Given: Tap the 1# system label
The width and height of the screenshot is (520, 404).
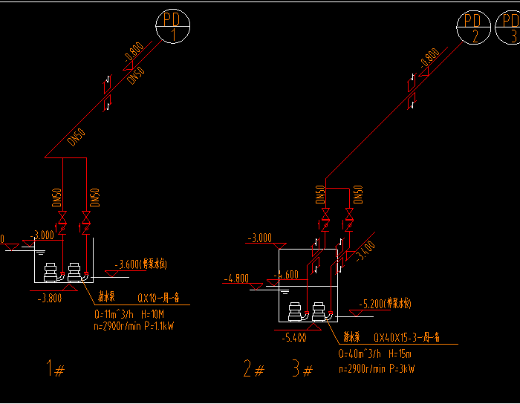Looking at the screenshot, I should (53, 368).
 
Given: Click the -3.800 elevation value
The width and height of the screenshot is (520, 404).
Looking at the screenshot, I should (51, 299).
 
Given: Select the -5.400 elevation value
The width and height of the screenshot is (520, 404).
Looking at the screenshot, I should (293, 338).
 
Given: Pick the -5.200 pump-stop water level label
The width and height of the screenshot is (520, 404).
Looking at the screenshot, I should (385, 304).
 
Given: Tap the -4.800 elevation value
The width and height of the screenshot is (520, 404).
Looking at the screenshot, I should (236, 279).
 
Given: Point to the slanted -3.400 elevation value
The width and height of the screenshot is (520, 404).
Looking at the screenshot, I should (365, 250).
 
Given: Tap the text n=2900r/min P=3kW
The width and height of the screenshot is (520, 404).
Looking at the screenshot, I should (376, 368).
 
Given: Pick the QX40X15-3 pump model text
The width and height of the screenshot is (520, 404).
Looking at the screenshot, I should (407, 337).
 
